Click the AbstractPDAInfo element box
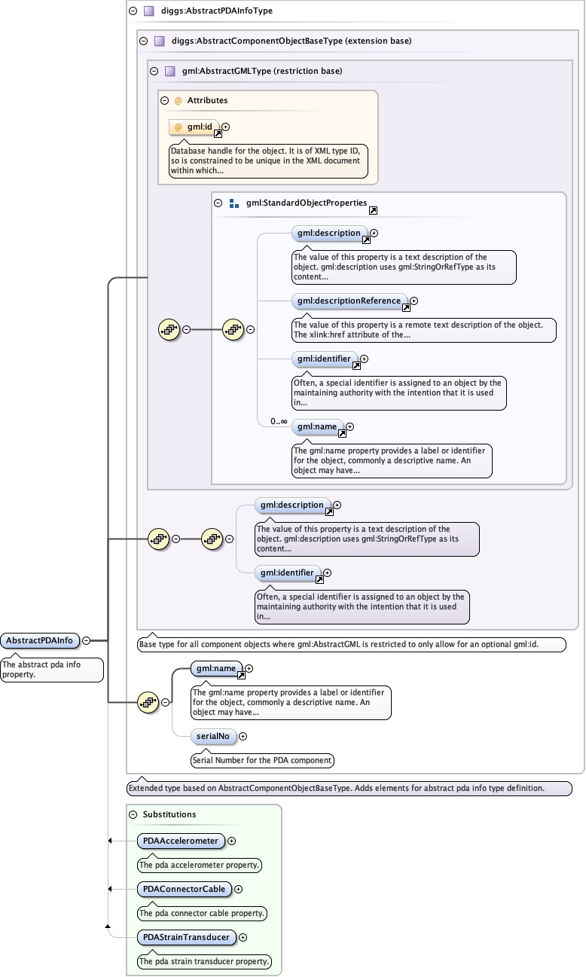pyautogui.click(x=40, y=640)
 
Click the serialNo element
pyautogui.click(x=212, y=736)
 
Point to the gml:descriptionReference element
pyautogui.click(x=349, y=301)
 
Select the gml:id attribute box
pyautogui.click(x=194, y=127)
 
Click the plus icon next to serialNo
pyautogui.click(x=243, y=736)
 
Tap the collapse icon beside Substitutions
pyautogui.click(x=133, y=814)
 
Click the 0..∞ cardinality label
pyautogui.click(x=279, y=421)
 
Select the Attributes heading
pyautogui.click(x=207, y=100)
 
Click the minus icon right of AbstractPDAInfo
pyautogui.click(x=86, y=640)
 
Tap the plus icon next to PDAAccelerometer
pyautogui.click(x=232, y=841)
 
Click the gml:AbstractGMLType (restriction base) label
pyautogui.click(x=262, y=72)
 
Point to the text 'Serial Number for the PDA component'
pyautogui.click(x=262, y=760)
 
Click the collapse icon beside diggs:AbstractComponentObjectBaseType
pyautogui.click(x=144, y=41)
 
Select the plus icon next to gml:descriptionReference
pyautogui.click(x=414, y=301)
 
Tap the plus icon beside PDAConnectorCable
pyautogui.click(x=238, y=889)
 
